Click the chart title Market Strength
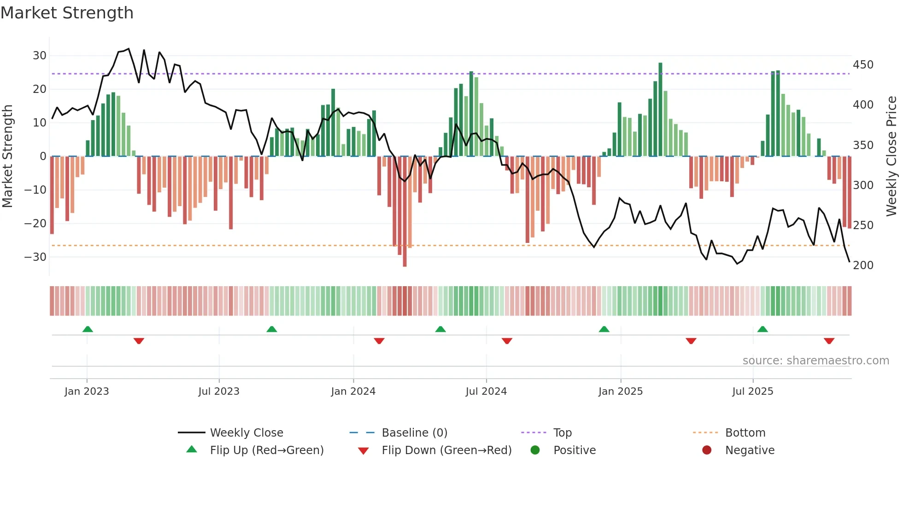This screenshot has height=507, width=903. tap(67, 13)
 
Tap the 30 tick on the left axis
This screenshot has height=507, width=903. tap(40, 56)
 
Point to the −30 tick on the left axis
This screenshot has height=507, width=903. tap(36, 257)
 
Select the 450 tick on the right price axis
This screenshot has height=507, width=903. tap(863, 65)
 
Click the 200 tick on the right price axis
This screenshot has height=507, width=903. tap(863, 265)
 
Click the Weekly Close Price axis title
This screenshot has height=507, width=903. tap(891, 156)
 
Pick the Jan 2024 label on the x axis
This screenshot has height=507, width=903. tap(353, 392)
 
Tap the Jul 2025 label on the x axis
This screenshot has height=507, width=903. tap(752, 392)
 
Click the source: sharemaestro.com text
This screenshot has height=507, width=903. tap(815, 361)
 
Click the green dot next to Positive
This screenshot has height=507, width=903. tap(535, 450)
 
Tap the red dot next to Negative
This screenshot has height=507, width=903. tap(707, 450)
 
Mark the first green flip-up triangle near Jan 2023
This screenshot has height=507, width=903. tap(88, 329)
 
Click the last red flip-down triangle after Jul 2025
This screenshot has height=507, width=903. tap(829, 341)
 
